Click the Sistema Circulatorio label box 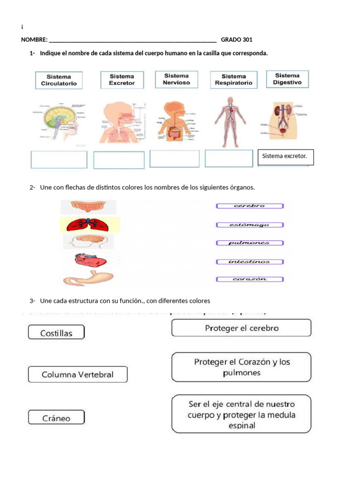click(x=59, y=80)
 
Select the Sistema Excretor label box click(x=122, y=80)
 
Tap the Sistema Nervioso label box click(x=176, y=79)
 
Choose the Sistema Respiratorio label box click(x=233, y=80)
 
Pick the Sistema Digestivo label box click(x=287, y=79)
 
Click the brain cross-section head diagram click(x=59, y=121)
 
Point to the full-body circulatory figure click(x=230, y=122)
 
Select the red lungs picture click(x=90, y=225)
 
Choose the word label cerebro click(x=249, y=206)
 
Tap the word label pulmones click(x=249, y=243)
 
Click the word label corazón click(x=249, y=279)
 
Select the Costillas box click(x=56, y=332)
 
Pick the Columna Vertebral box click(x=77, y=374)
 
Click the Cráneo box click(x=56, y=417)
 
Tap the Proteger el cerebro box click(x=241, y=328)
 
